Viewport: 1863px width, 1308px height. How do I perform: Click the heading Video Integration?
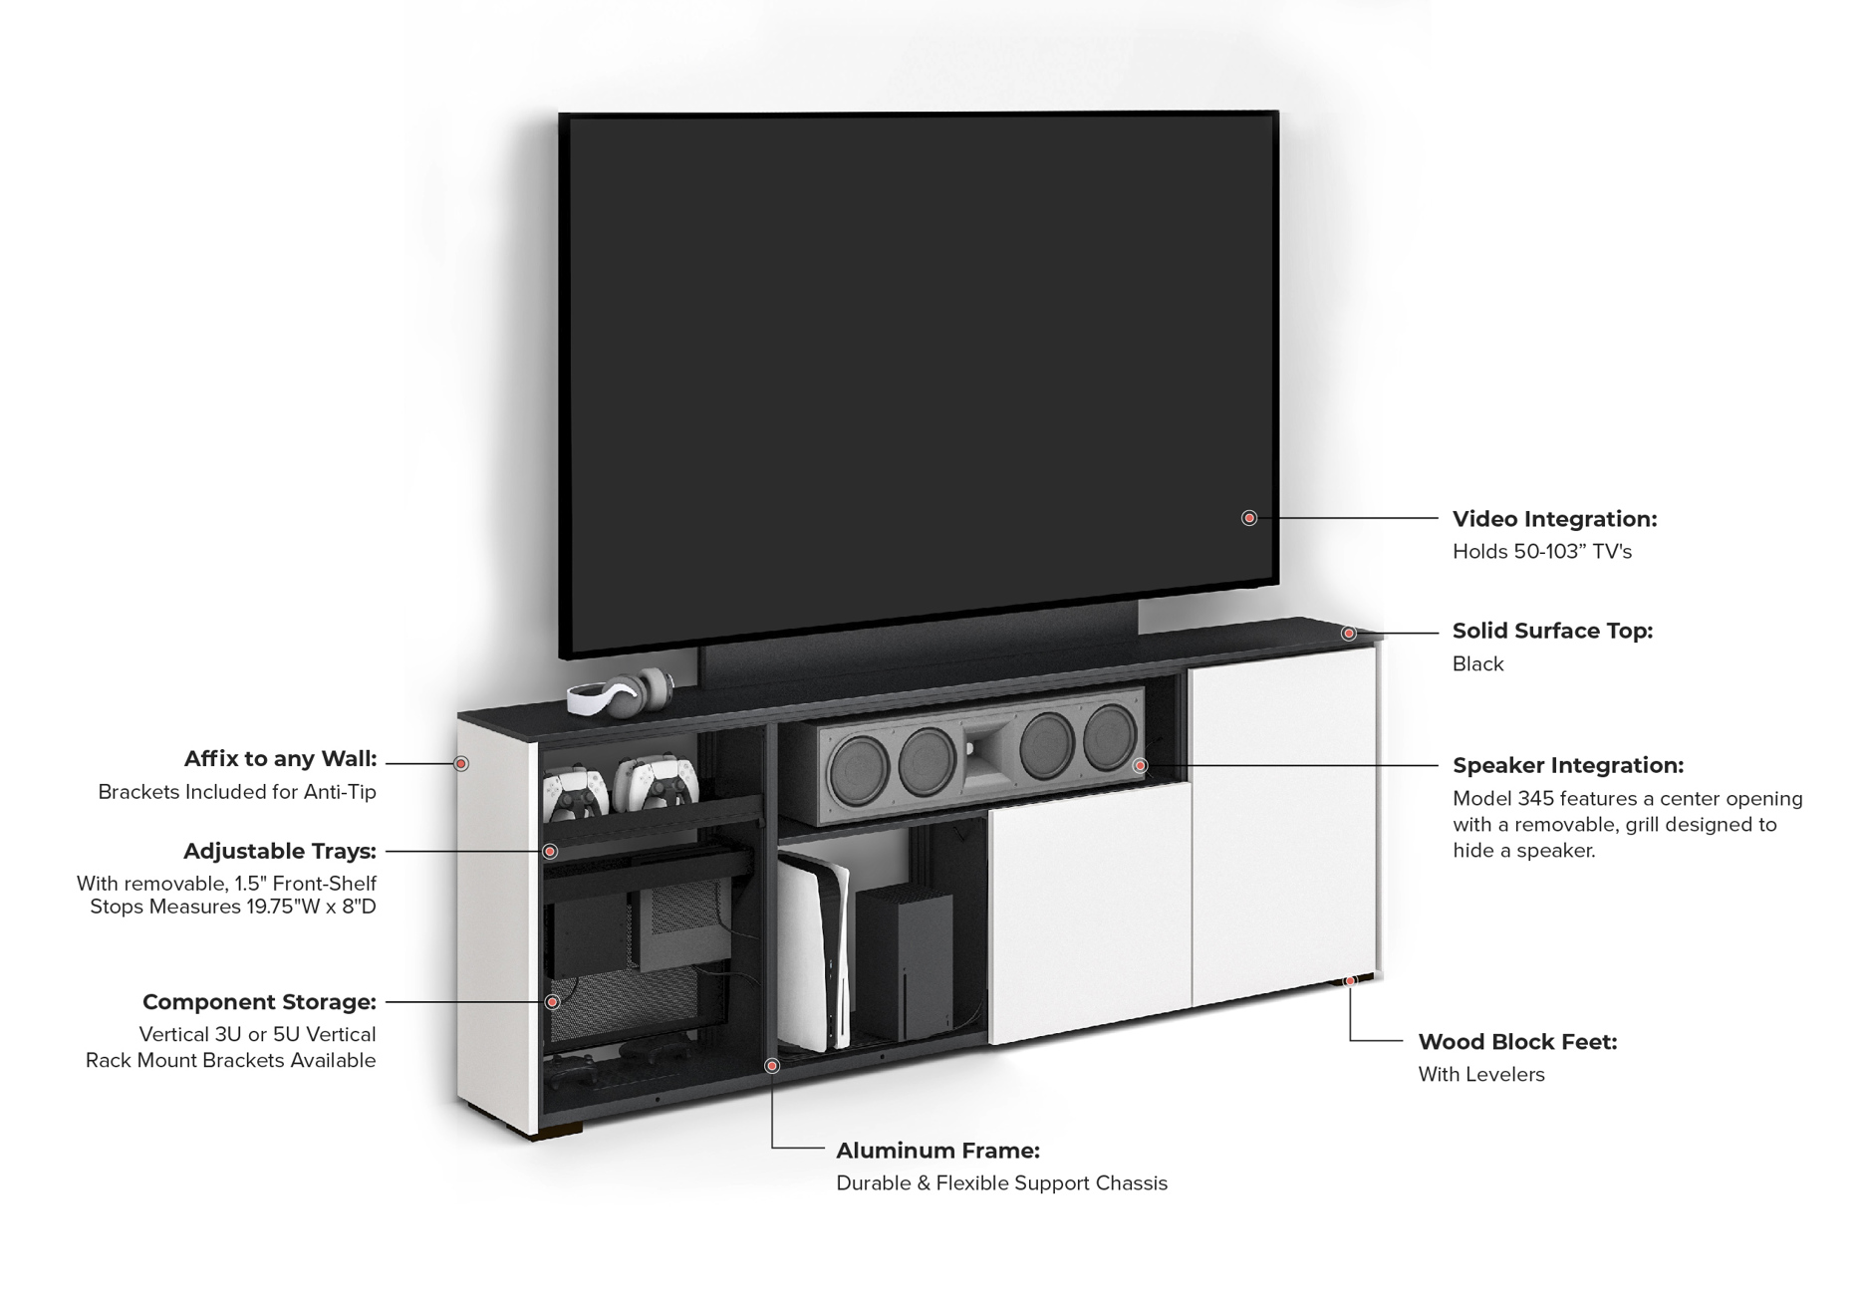pyautogui.click(x=1554, y=519)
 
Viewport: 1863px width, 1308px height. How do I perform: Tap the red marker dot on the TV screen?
pyautogui.click(x=1249, y=518)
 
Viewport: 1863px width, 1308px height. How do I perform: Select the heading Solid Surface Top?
pyautogui.click(x=1552, y=631)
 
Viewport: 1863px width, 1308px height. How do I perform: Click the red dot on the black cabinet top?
pyautogui.click(x=1348, y=634)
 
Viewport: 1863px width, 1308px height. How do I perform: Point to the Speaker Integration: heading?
pyautogui.click(x=1568, y=765)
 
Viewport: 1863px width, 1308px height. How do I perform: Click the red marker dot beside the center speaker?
pyautogui.click(x=1141, y=765)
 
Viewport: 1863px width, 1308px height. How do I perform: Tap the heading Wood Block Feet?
pyautogui.click(x=1517, y=1042)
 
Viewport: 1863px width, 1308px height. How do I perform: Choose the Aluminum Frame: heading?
pyautogui.click(x=937, y=1151)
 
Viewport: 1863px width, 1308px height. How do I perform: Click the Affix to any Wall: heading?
pyautogui.click(x=280, y=759)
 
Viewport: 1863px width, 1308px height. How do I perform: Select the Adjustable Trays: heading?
pyautogui.click(x=279, y=851)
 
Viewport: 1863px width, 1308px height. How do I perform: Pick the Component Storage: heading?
pyautogui.click(x=259, y=1001)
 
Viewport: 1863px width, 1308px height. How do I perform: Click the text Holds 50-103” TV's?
pyautogui.click(x=1541, y=552)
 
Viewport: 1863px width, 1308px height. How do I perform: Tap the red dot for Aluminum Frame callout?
pyautogui.click(x=772, y=1066)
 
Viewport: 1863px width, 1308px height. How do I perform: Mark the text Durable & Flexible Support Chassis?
pyautogui.click(x=1001, y=1183)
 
